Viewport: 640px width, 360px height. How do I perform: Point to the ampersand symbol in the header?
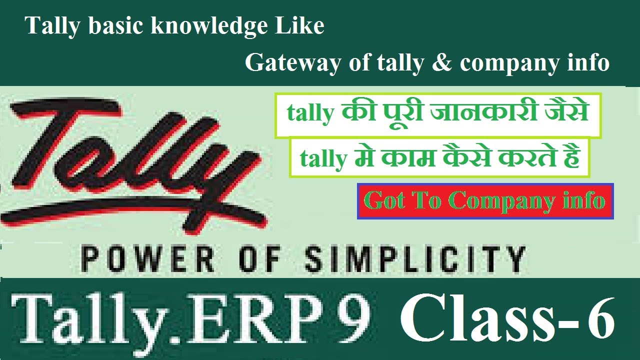pos(442,63)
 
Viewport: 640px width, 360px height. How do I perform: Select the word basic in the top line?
pos(116,26)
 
